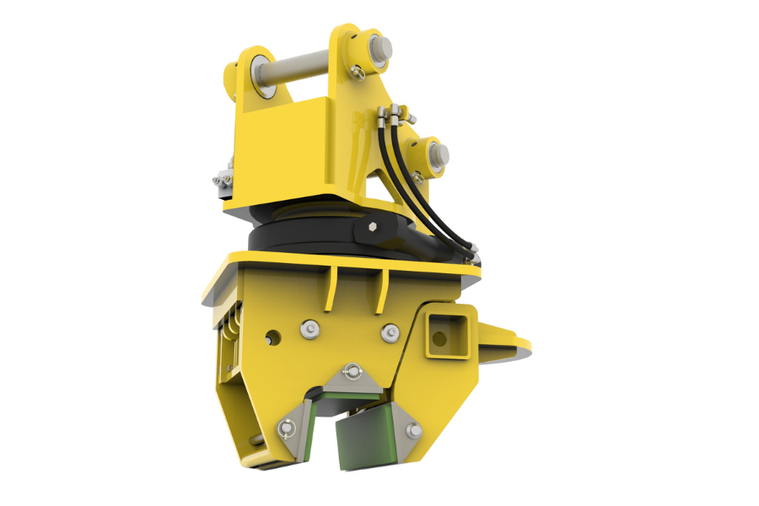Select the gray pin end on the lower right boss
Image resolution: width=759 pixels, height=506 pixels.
[x=439, y=154]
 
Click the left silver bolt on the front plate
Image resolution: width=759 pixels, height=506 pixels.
[x=309, y=328]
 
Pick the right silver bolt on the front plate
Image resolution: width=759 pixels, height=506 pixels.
[x=389, y=333]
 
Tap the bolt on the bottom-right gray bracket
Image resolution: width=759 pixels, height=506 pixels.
[x=413, y=431]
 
